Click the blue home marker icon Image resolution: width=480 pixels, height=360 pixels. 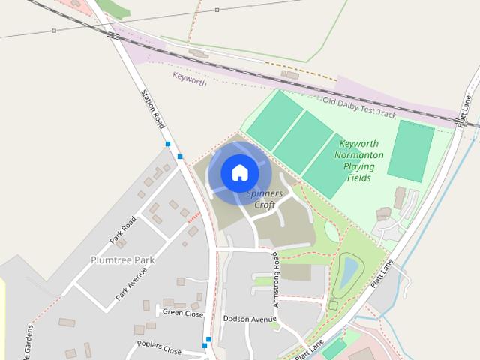(x=239, y=172)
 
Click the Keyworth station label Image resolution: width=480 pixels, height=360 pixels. (x=189, y=79)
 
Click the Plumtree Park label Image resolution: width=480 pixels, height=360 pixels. (x=122, y=259)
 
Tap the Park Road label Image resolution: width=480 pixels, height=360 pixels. (x=122, y=229)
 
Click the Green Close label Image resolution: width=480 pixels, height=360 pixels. (x=183, y=313)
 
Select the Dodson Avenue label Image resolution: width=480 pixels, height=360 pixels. (x=250, y=319)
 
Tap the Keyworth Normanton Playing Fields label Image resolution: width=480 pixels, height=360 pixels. (x=361, y=160)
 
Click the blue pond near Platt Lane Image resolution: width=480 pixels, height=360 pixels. (x=348, y=273)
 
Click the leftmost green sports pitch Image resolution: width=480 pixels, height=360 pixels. (x=274, y=119)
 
